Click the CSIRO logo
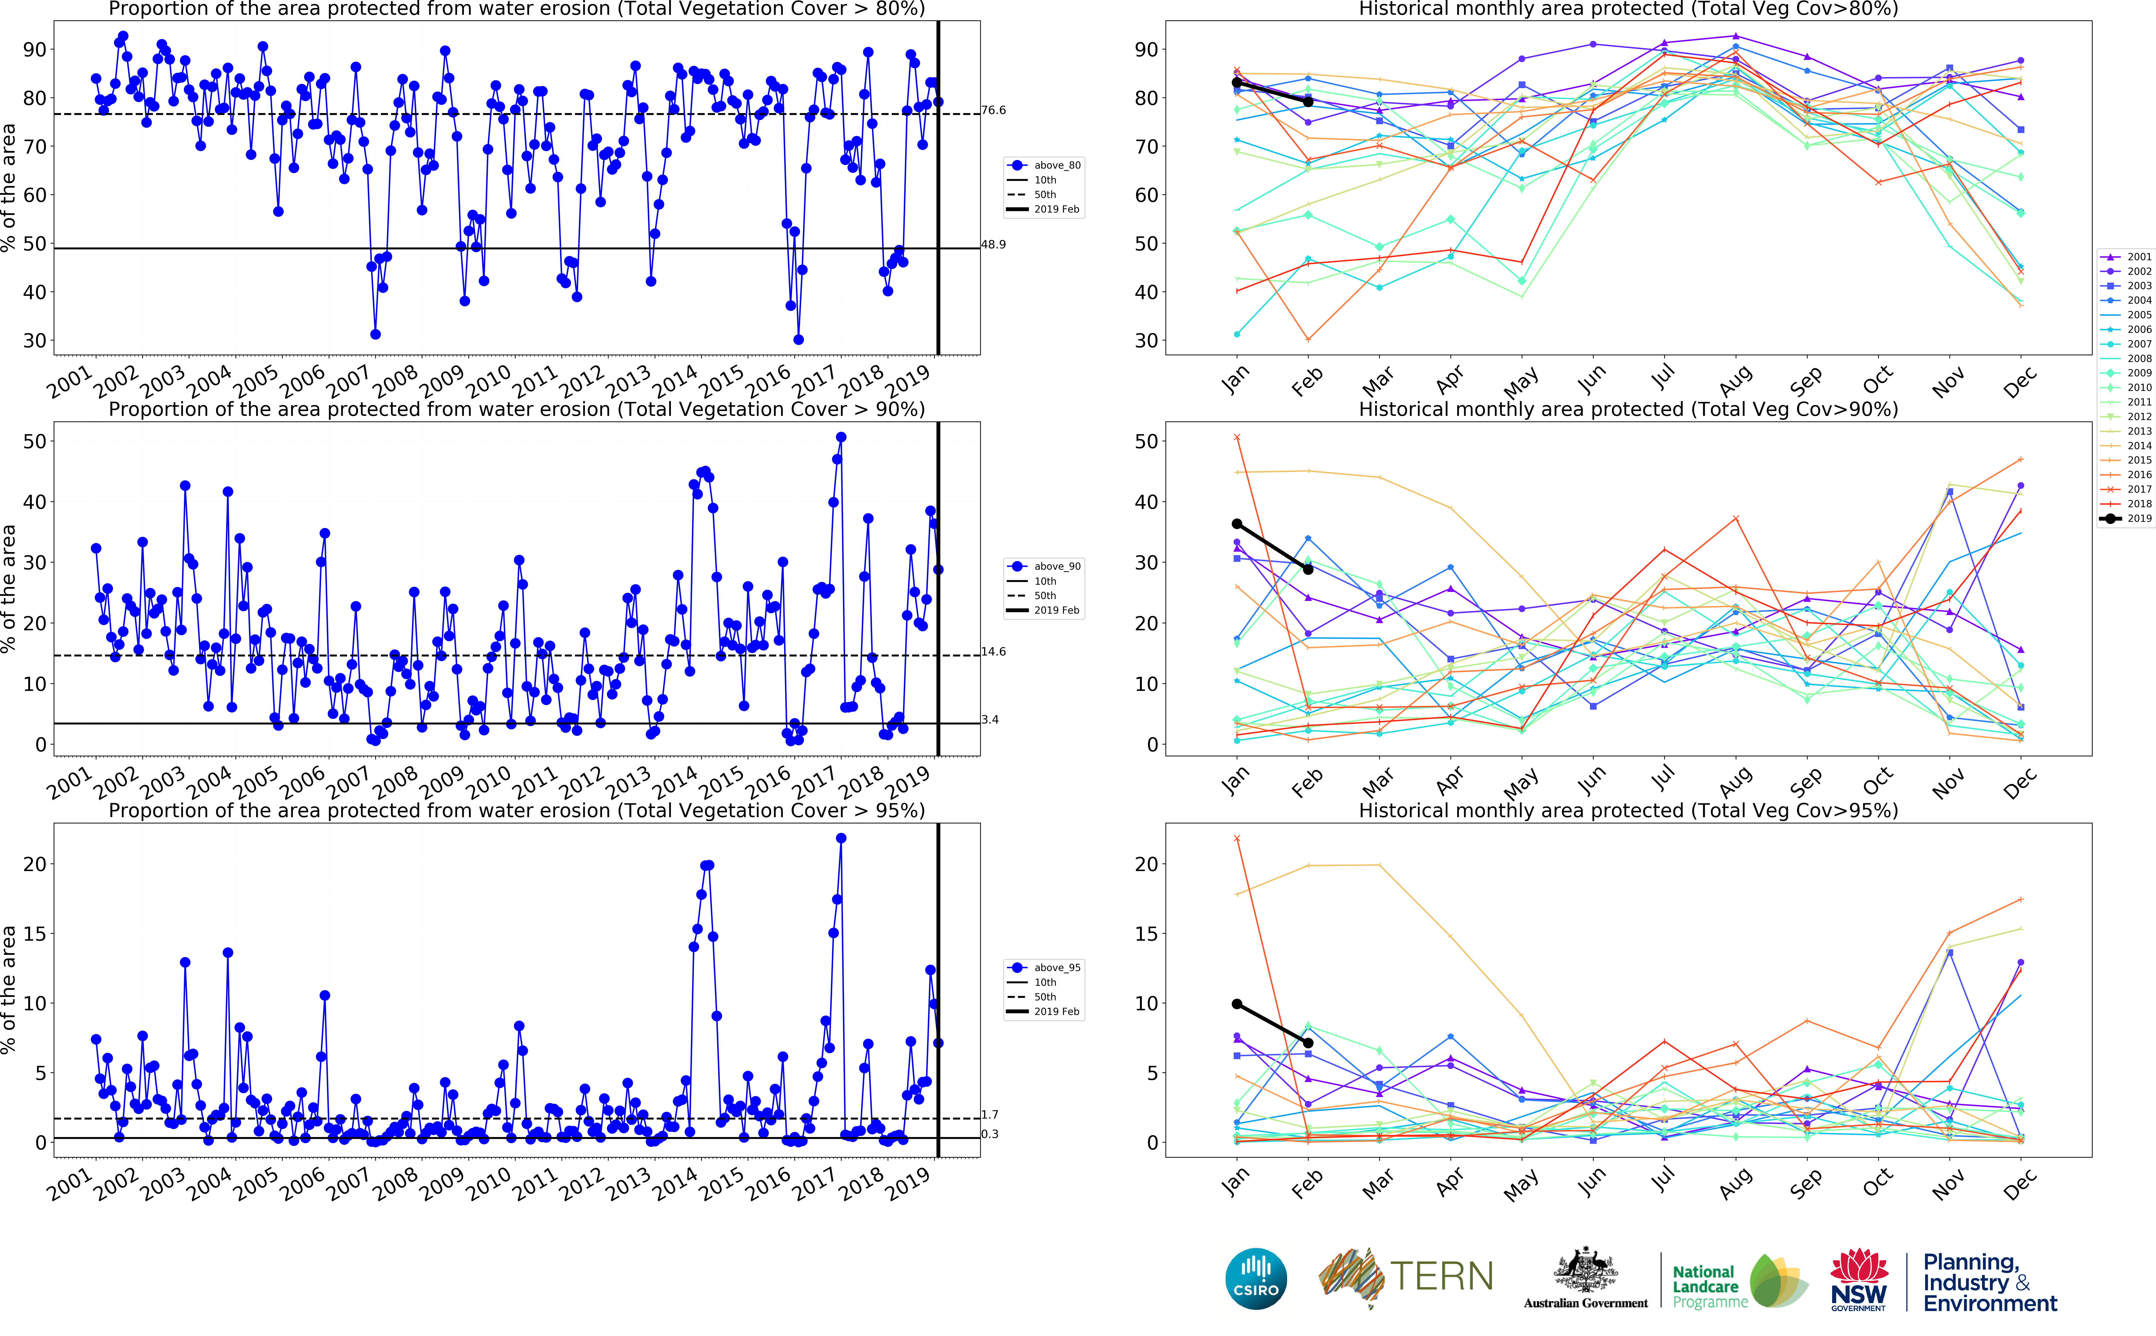[x=1256, y=1279]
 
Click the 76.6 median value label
[x=993, y=111]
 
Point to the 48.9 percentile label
[x=993, y=245]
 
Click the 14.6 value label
[x=993, y=652]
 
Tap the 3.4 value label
[x=990, y=720]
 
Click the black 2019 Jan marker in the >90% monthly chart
[x=1237, y=524]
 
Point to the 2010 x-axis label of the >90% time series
[x=488, y=781]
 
